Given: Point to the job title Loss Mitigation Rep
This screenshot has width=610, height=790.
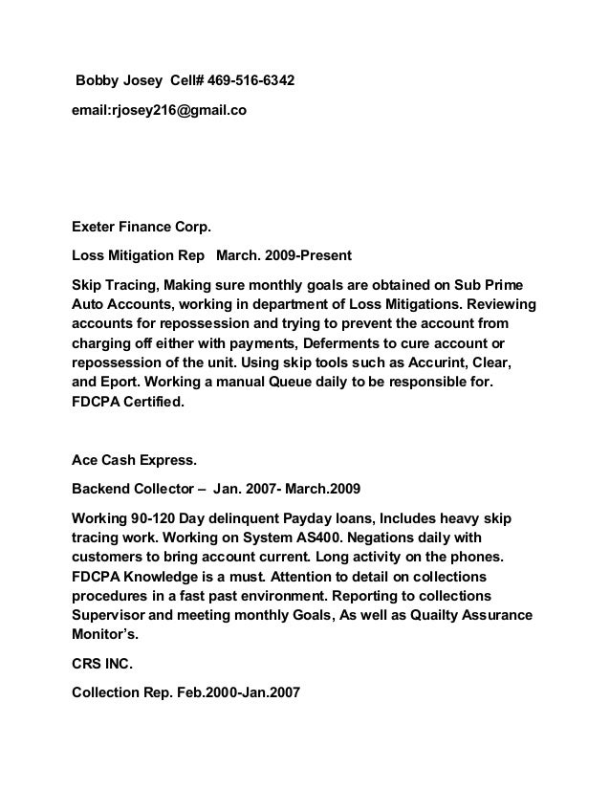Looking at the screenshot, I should point(140,256).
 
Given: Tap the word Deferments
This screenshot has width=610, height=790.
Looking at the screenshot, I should point(351,344).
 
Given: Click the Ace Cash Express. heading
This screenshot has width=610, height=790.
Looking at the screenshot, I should point(135,460).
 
